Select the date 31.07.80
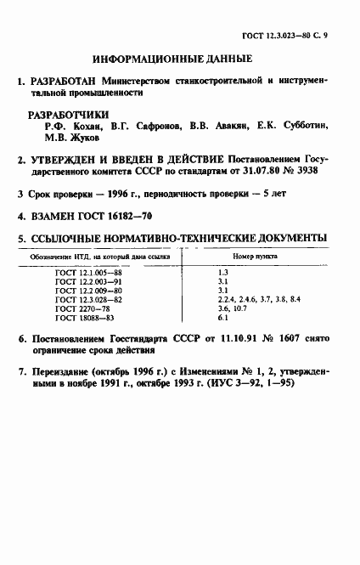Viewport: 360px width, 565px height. (x=260, y=170)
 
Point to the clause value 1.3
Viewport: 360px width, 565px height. (x=223, y=270)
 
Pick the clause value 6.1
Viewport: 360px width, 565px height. (x=223, y=319)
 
